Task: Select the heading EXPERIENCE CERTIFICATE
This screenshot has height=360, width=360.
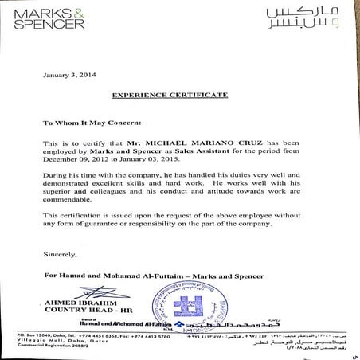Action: point(182,95)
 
